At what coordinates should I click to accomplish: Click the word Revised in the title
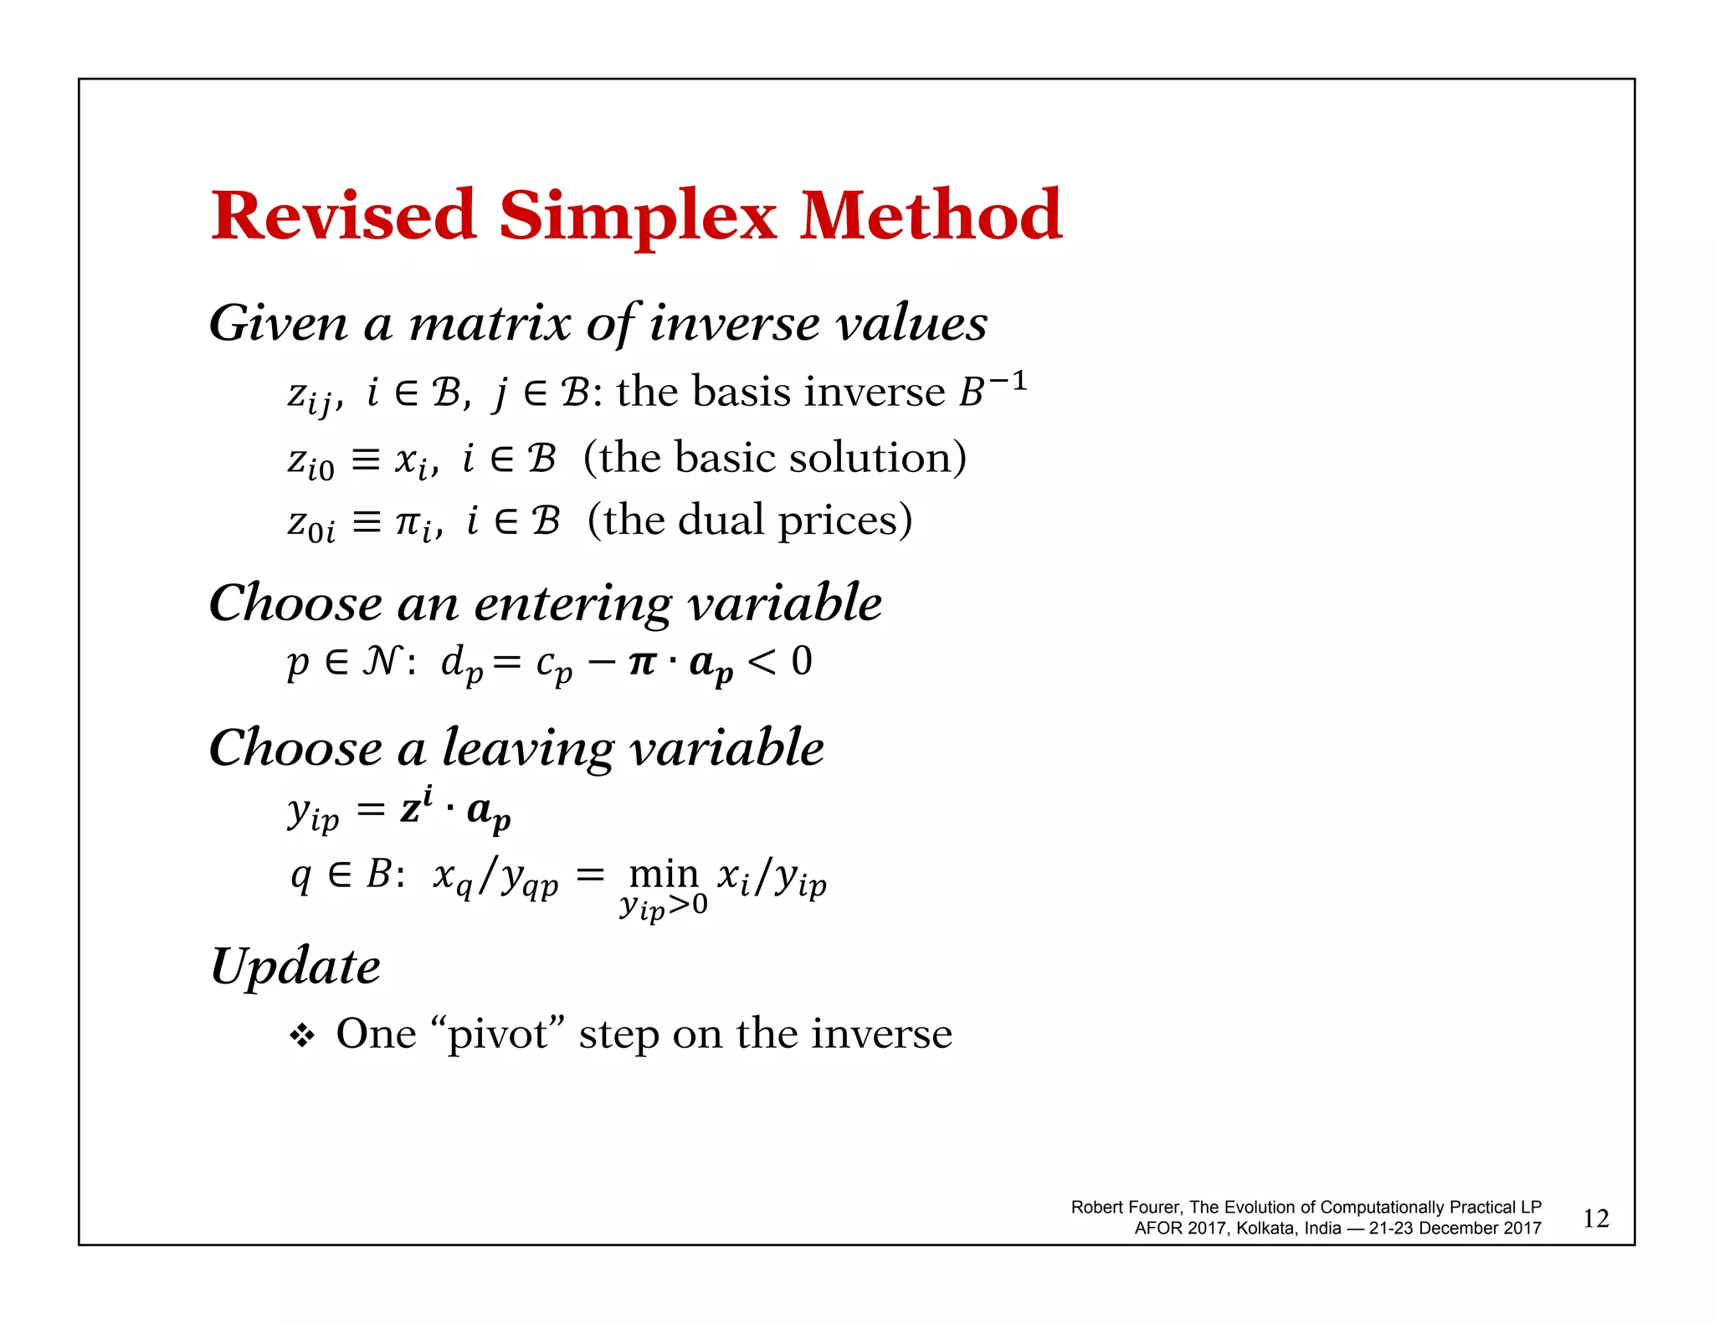tap(343, 216)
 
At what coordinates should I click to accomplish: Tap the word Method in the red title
tap(931, 216)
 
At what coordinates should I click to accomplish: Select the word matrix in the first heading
tap(490, 324)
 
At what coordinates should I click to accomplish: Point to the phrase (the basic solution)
tap(774, 458)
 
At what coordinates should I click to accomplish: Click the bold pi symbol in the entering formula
tap(642, 663)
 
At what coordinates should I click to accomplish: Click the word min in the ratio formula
tap(663, 874)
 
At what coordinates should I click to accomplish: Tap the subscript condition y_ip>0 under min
tap(663, 906)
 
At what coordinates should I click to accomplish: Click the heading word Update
tap(295, 967)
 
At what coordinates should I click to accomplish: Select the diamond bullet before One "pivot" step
tap(301, 1036)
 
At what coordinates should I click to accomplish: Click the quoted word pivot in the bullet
tap(497, 1034)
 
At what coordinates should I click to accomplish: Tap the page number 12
tap(1595, 1219)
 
